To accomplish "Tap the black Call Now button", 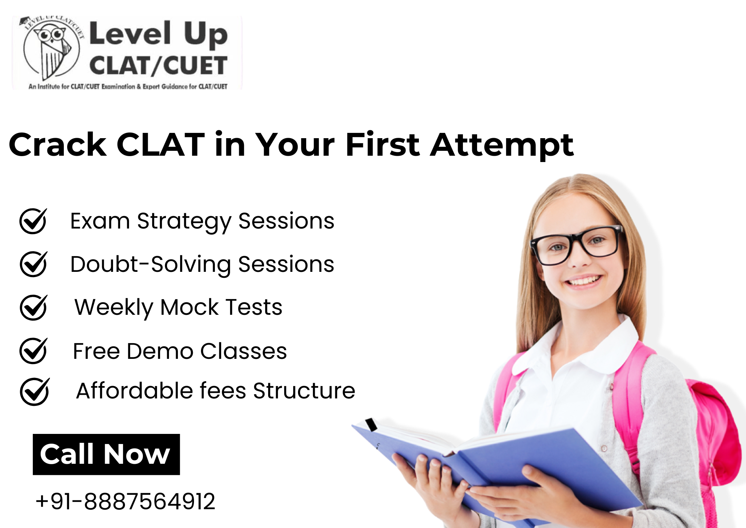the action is click(x=106, y=454).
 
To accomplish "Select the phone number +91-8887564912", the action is click(x=125, y=501).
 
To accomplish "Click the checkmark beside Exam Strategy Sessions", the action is click(x=34, y=221).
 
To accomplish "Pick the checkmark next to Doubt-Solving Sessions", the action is click(x=34, y=264).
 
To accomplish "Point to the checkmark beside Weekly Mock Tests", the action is click(x=34, y=307).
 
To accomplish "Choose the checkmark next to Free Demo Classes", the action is click(x=34, y=351).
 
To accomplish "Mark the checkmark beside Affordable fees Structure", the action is click(x=35, y=391).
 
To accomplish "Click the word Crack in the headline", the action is click(x=58, y=145).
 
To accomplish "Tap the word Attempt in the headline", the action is click(x=502, y=146).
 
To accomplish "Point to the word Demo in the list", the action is click(x=160, y=351).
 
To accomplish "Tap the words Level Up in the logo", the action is click(x=159, y=33).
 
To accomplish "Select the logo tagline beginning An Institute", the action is click(x=128, y=87).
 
